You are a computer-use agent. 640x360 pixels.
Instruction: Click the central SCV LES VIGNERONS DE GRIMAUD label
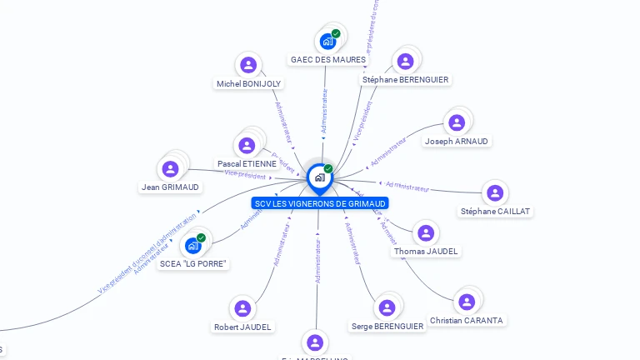[320, 203]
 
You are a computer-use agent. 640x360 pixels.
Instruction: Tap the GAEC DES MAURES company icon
[327, 41]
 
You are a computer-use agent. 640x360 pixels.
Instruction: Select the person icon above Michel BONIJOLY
[248, 65]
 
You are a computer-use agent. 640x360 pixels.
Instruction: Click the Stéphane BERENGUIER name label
[405, 80]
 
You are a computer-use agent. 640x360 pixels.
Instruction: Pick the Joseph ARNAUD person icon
[457, 122]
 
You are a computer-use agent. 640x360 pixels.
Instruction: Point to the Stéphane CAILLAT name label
[495, 212]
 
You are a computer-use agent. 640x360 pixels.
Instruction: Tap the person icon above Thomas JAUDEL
[426, 233]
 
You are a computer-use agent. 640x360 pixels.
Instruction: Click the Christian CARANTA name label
[467, 321]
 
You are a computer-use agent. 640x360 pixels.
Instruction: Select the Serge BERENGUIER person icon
[387, 307]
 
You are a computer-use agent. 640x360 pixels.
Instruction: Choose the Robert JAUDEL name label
[242, 327]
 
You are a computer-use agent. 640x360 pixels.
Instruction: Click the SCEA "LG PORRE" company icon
[192, 245]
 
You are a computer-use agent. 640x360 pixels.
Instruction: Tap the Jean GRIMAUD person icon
[171, 169]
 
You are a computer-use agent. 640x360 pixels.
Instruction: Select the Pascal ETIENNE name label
[247, 164]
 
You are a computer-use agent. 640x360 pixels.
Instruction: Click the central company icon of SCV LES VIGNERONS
[319, 177]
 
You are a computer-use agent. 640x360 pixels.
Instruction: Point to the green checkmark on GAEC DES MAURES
[336, 33]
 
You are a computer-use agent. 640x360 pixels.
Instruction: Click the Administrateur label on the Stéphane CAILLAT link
[407, 186]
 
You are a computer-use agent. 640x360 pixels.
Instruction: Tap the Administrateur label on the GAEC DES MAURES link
[324, 112]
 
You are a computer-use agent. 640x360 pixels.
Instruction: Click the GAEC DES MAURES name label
[328, 60]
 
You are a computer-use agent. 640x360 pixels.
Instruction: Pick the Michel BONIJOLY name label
[248, 84]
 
